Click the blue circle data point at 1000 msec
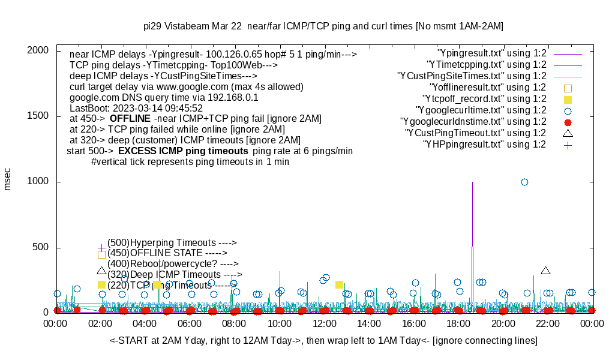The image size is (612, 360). pos(524,182)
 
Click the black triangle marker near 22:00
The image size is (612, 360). pos(545,271)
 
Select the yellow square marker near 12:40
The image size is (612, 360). pos(339,284)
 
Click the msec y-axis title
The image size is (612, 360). pos(8,179)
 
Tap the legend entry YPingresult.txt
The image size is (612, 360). pos(491,53)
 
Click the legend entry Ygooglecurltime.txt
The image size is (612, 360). pos(481,110)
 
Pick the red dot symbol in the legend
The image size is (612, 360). pos(568,122)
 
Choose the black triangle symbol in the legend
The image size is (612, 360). pos(568,133)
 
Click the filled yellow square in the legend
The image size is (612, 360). pos(568,99)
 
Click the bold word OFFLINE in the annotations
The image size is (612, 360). pos(130,119)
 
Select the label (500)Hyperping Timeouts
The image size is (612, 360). pos(172,242)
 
